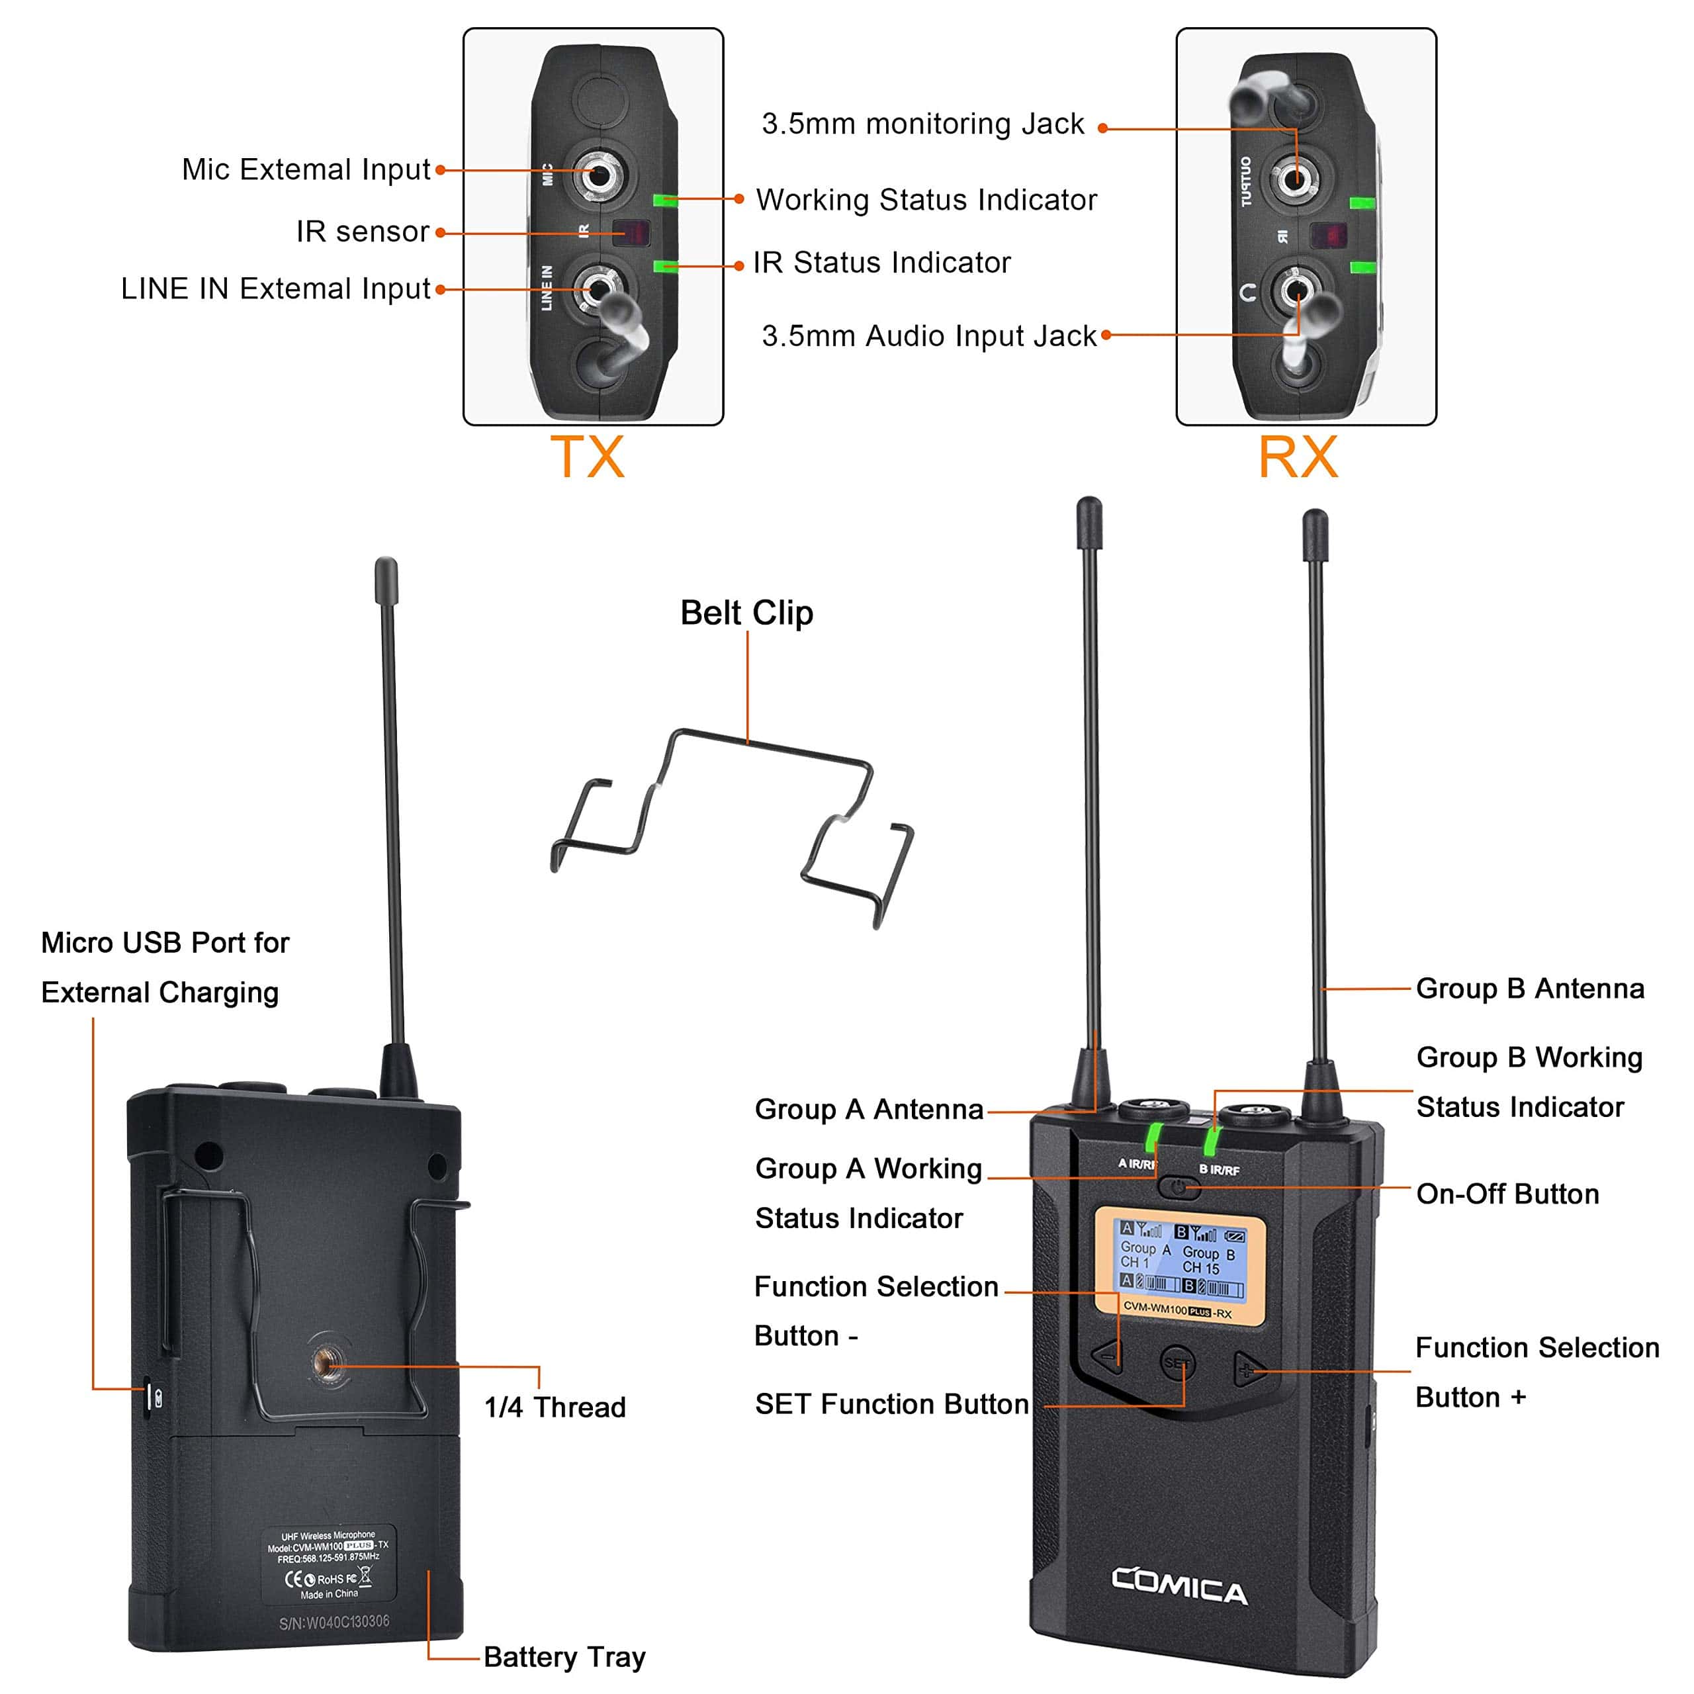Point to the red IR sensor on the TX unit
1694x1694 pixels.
point(631,232)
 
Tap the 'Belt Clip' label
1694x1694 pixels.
point(746,613)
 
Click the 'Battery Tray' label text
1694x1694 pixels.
point(564,1656)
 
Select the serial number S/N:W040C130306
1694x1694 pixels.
point(334,1621)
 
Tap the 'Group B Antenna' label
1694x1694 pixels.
point(1529,988)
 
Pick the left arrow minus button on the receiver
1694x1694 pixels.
point(1109,1357)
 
